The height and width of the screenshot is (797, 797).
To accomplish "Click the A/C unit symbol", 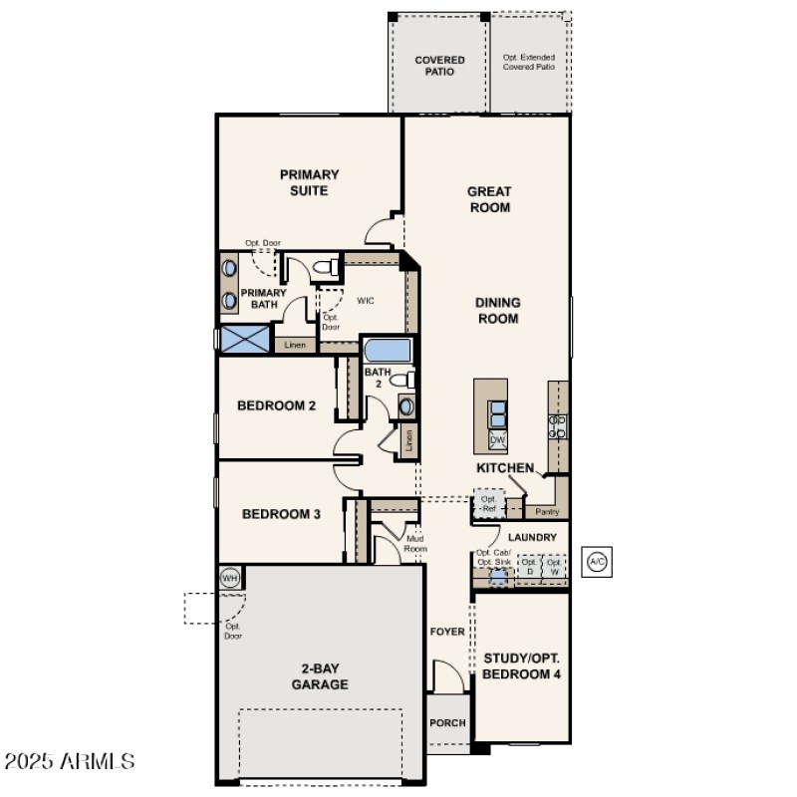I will [597, 562].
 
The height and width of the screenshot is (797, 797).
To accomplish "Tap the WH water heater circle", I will [229, 577].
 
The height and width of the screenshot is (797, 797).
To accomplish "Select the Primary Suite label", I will [309, 182].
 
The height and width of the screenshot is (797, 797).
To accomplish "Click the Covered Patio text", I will [439, 66].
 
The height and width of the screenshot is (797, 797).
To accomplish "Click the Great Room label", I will [489, 199].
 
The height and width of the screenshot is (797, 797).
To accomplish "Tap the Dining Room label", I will [498, 311].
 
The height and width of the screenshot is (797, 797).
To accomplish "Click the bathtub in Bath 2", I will [386, 351].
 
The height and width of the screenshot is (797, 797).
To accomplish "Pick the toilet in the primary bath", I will [323, 266].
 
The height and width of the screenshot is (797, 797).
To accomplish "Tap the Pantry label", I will [547, 511].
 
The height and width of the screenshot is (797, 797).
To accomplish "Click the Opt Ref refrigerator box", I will [488, 503].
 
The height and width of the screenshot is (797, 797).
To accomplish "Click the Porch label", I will [447, 722].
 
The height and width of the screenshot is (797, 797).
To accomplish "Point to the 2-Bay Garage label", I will [319, 676].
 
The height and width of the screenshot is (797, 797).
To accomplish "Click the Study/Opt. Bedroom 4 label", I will [521, 665].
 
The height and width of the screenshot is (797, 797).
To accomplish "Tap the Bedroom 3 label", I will [281, 514].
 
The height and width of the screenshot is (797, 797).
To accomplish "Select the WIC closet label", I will [366, 300].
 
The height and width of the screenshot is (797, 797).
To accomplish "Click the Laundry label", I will [532, 537].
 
